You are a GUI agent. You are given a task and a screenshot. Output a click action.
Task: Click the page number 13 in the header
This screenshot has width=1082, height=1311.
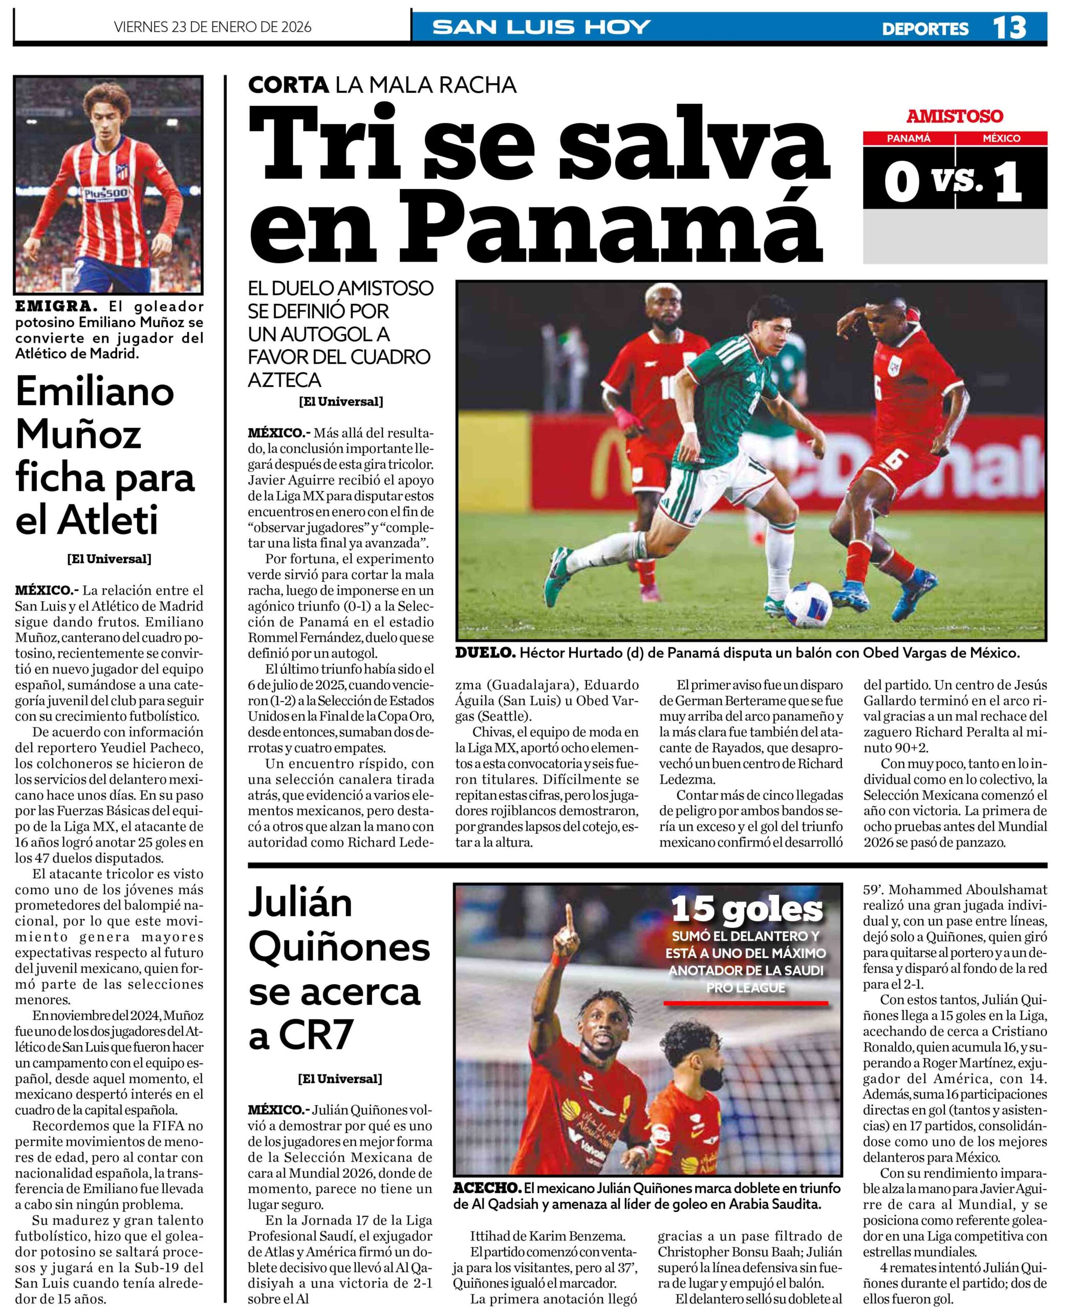click(x=1008, y=28)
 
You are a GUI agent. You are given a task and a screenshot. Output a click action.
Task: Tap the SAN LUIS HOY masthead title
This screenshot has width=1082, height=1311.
click(x=541, y=28)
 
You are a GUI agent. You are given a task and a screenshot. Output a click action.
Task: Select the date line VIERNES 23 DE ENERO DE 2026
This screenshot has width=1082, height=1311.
click(x=212, y=28)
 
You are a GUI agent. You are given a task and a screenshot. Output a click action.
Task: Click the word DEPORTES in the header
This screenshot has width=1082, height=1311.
click(x=925, y=29)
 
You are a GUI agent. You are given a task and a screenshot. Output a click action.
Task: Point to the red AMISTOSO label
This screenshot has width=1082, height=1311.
click(x=954, y=116)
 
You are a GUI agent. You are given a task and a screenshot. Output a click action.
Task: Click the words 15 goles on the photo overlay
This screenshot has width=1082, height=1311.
click(x=746, y=910)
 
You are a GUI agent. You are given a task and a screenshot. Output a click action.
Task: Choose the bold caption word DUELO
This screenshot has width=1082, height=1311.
click(x=485, y=653)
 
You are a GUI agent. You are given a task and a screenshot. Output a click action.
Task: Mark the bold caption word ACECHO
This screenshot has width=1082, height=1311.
click(x=487, y=1188)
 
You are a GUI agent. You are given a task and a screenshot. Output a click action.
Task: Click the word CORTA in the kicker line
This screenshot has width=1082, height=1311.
click(x=288, y=85)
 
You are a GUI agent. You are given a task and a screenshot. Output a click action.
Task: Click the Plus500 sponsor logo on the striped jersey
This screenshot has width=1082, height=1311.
click(x=106, y=194)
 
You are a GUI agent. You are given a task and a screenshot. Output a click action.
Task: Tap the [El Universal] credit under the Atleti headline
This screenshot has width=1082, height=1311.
click(x=109, y=559)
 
